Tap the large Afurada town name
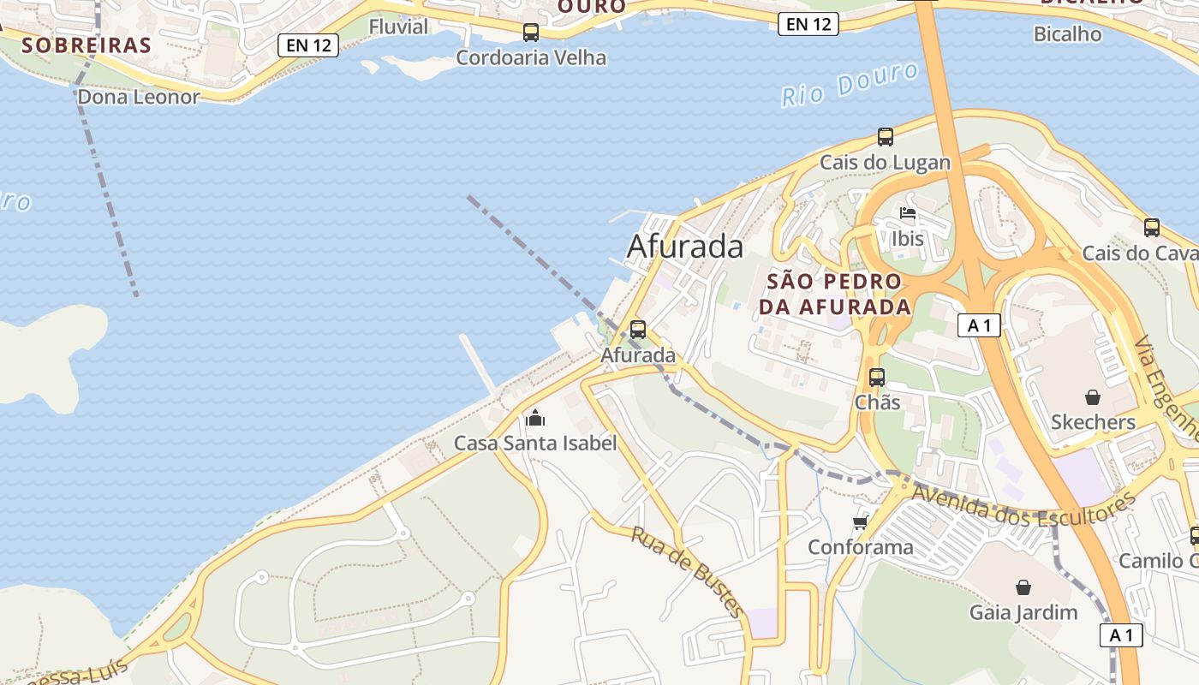[x=685, y=247]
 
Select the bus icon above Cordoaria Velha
[x=531, y=33]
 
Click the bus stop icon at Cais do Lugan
[x=886, y=137]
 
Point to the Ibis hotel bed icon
[x=908, y=213]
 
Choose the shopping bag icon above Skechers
[x=1093, y=397]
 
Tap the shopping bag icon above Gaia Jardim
[x=1023, y=587]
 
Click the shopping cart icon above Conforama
[x=861, y=522]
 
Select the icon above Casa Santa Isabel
[x=535, y=418]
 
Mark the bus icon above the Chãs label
[x=877, y=377]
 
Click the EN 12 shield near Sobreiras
[x=308, y=45]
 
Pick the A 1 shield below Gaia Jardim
[x=1121, y=635]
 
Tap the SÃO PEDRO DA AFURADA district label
[x=835, y=294]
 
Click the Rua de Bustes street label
[x=688, y=571]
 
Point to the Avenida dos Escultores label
[x=1023, y=505]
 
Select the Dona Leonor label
[x=138, y=97]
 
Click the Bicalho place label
[x=1067, y=34]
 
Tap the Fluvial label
[x=398, y=27]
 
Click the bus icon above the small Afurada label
[x=638, y=330]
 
